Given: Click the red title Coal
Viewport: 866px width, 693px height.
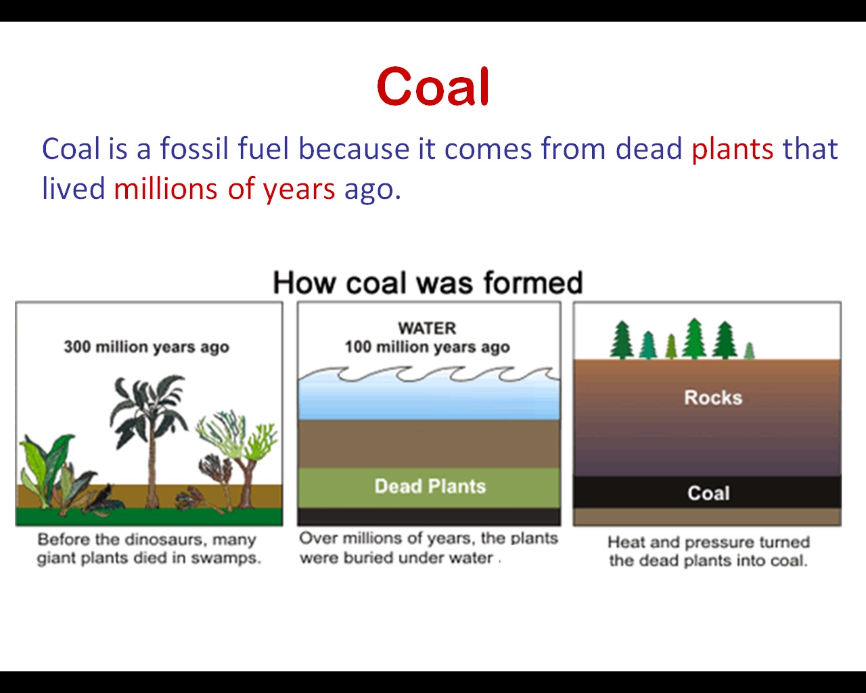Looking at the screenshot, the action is pyautogui.click(x=433, y=87).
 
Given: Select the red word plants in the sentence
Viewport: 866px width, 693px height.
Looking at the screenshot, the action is pyautogui.click(x=733, y=149).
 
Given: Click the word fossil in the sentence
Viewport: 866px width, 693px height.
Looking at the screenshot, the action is pyautogui.click(x=194, y=148).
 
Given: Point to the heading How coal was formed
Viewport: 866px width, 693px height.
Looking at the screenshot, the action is pyautogui.click(x=428, y=282).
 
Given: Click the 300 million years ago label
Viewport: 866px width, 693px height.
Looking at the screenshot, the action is pyautogui.click(x=147, y=346).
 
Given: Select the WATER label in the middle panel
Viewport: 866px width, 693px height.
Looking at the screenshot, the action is pyautogui.click(x=428, y=328).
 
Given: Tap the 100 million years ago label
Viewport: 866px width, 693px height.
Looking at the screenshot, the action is pyautogui.click(x=428, y=346).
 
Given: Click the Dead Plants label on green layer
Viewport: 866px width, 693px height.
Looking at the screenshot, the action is pyautogui.click(x=430, y=486).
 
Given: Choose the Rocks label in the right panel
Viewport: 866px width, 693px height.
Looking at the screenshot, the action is pyautogui.click(x=713, y=398).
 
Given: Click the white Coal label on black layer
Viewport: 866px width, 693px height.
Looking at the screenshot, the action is pyautogui.click(x=708, y=493).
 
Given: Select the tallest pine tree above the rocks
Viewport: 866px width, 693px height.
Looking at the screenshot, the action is pyautogui.click(x=694, y=338).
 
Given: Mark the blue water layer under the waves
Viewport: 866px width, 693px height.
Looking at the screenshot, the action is pyautogui.click(x=428, y=399).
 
